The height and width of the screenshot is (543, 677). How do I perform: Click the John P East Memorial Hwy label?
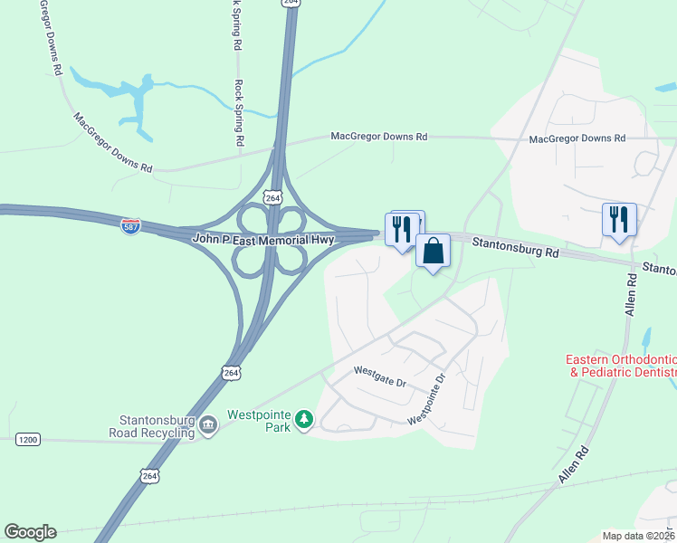point(263,240)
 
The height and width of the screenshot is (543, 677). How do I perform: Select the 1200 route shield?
point(27,440)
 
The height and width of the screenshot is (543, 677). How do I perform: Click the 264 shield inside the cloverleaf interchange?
point(273,196)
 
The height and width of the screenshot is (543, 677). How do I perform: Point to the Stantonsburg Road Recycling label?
point(157,426)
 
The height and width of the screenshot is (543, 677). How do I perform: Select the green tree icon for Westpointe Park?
point(306,420)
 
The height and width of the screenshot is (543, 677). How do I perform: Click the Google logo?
point(30,532)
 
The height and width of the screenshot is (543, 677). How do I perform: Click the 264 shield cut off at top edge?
point(291,4)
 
